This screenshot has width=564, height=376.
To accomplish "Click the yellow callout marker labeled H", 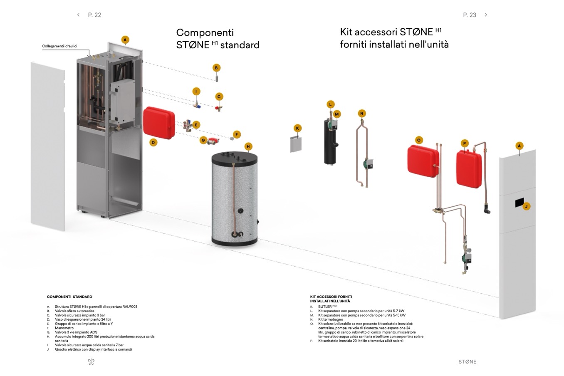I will pos(248,146).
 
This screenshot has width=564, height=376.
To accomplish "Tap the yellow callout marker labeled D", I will pos(153,143).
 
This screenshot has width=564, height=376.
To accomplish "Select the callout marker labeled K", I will pos(297,128).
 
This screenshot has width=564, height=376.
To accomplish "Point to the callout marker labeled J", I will pos(526,206).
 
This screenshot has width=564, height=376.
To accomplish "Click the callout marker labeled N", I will pos(361,114).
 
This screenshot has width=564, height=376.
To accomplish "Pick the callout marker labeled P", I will pos(465,143).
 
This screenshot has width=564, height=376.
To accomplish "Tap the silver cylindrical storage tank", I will pos(235,199).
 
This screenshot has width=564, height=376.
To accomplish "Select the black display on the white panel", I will pos(519,202).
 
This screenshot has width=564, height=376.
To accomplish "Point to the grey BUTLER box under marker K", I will pos(296,144).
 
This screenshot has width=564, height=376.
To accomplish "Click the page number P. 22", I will pos(94,15).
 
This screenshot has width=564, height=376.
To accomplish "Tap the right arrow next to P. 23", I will pos(486,15).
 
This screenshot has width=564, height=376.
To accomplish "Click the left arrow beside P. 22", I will pos(78,15).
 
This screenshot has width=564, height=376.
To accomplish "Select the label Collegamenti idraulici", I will pos(59,46).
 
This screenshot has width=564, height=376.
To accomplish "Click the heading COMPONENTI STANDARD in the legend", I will pos(69,297).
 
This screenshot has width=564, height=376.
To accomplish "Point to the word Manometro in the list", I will pos(64,328).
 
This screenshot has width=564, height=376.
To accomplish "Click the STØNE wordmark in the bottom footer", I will pos(467,361).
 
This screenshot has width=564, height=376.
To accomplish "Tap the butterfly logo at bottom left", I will pos(91,362).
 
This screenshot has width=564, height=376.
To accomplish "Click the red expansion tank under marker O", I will pos(423,160).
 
